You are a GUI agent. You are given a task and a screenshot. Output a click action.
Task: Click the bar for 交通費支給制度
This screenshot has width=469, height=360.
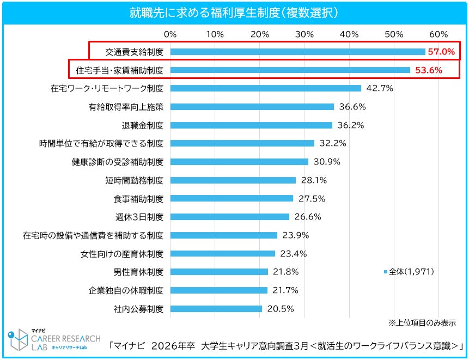pyautogui.click(x=297, y=52)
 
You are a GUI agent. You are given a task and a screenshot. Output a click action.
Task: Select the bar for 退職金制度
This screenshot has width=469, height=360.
pyautogui.click(x=251, y=125)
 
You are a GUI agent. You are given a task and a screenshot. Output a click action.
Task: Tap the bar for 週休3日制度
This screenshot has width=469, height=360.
pyautogui.click(x=230, y=217)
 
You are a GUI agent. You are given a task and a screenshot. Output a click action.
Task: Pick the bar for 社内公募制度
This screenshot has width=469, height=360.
pyautogui.click(x=216, y=309)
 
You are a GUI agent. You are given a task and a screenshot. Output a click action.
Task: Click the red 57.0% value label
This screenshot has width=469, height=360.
pyautogui.click(x=442, y=52)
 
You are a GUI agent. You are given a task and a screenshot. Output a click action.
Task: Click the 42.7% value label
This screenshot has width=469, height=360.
pyautogui.click(x=380, y=88)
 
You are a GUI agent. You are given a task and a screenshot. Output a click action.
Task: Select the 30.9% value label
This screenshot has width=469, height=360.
pyautogui.click(x=326, y=162)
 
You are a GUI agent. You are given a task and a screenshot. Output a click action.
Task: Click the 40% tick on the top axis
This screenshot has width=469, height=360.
pyautogui.click(x=349, y=34)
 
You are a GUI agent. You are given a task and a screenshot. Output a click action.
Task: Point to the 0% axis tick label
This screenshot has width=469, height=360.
pyautogui.click(x=170, y=34)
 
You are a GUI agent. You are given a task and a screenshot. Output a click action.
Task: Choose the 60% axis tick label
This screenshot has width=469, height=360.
pyautogui.click(x=439, y=34)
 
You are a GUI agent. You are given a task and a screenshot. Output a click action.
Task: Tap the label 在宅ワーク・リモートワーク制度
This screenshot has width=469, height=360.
pyautogui.click(x=107, y=88)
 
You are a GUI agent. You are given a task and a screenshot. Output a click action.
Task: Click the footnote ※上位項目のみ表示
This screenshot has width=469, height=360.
pyautogui.click(x=422, y=322)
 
